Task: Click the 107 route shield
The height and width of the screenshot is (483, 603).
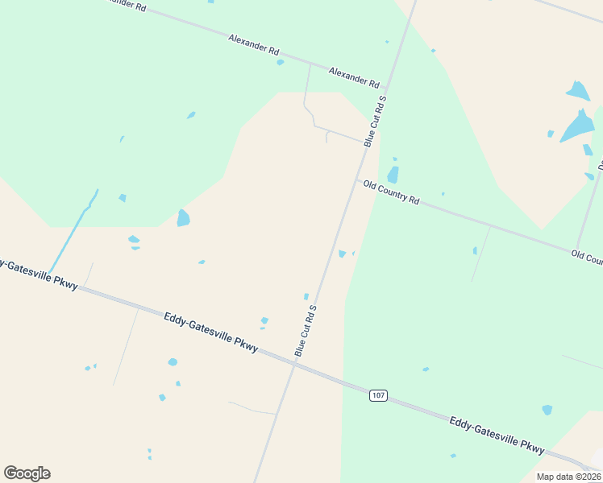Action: pyautogui.click(x=379, y=395)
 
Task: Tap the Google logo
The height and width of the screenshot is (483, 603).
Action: pyautogui.click(x=27, y=473)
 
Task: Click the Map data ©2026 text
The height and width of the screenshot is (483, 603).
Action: pyautogui.click(x=568, y=477)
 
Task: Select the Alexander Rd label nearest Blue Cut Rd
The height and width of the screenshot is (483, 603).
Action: pyautogui.click(x=354, y=77)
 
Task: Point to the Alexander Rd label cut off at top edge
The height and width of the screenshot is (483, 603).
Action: pyautogui.click(x=124, y=5)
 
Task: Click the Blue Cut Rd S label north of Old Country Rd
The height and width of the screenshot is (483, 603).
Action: pyautogui.click(x=375, y=121)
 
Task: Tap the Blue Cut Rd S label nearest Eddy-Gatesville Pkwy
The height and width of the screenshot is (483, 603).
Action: pyautogui.click(x=306, y=330)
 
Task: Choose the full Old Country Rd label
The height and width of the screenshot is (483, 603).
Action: pyautogui.click(x=391, y=192)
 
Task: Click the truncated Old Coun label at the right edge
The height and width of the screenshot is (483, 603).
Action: pyautogui.click(x=587, y=258)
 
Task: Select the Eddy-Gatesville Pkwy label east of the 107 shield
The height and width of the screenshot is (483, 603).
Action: pyautogui.click(x=497, y=436)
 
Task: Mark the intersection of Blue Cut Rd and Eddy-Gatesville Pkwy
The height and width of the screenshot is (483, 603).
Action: pyautogui.click(x=295, y=363)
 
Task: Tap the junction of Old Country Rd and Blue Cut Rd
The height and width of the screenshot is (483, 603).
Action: pyautogui.click(x=356, y=180)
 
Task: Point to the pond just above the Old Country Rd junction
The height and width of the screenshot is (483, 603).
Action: pyautogui.click(x=393, y=174)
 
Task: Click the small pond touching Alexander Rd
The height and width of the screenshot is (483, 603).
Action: pyautogui.click(x=280, y=62)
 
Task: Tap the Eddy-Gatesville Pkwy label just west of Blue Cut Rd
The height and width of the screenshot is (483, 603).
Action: pyautogui.click(x=211, y=332)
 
